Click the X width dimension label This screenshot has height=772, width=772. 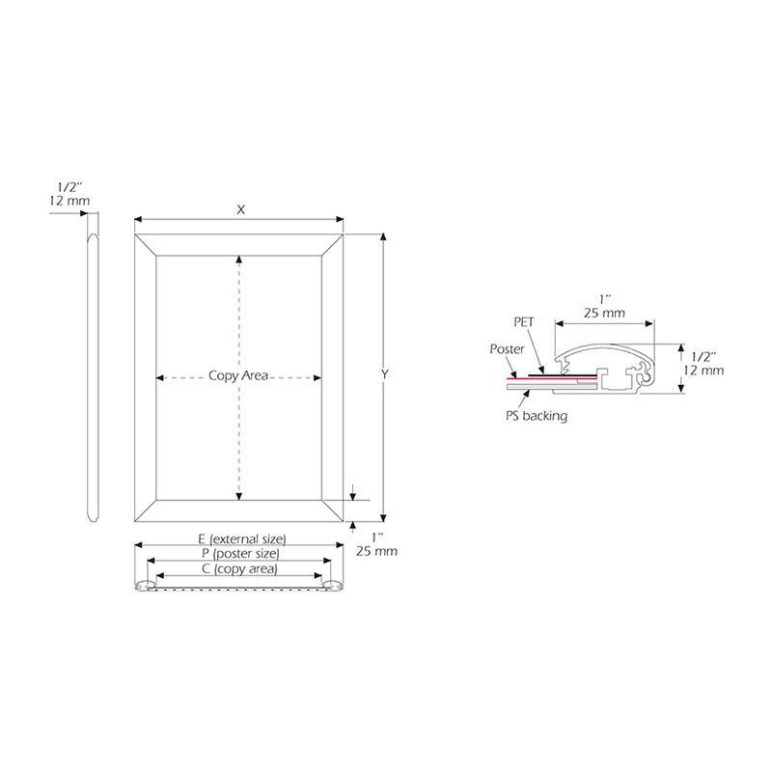[x=240, y=209]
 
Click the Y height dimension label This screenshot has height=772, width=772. [x=384, y=374]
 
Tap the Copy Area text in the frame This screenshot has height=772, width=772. [x=238, y=375]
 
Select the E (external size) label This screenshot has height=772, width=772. [x=242, y=539]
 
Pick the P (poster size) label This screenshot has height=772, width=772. [x=240, y=554]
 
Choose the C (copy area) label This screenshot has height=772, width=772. [x=239, y=569]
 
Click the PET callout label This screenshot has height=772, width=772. [x=524, y=322]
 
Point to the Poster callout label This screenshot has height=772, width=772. [x=508, y=349]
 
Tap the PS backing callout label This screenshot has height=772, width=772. [x=537, y=416]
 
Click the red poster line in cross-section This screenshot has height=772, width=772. [x=552, y=378]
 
